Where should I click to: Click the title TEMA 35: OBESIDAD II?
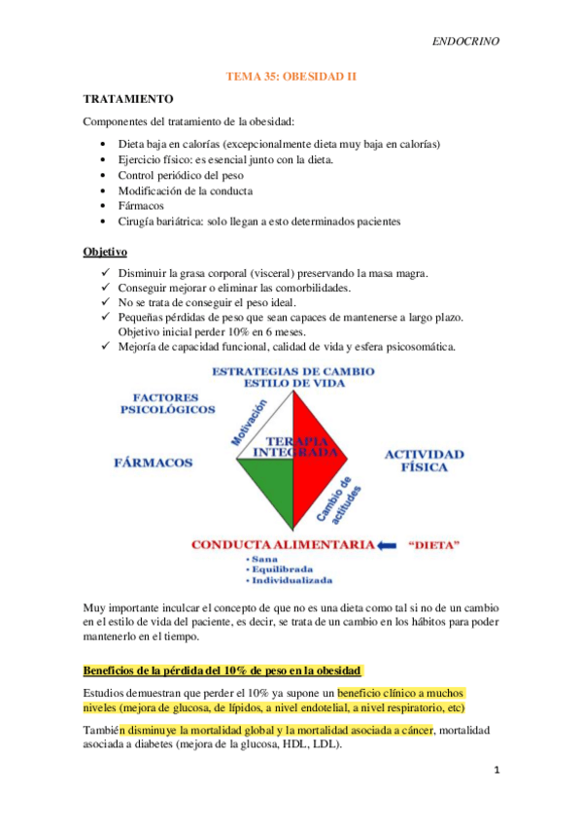(291, 74)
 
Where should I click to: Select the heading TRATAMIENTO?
(128, 99)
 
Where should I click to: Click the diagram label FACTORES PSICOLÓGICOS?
(167, 403)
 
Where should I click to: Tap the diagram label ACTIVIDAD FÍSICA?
(424, 461)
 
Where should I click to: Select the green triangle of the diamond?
(262, 486)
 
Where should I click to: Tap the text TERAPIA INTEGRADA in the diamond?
(291, 446)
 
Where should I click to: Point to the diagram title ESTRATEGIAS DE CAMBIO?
(291, 372)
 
